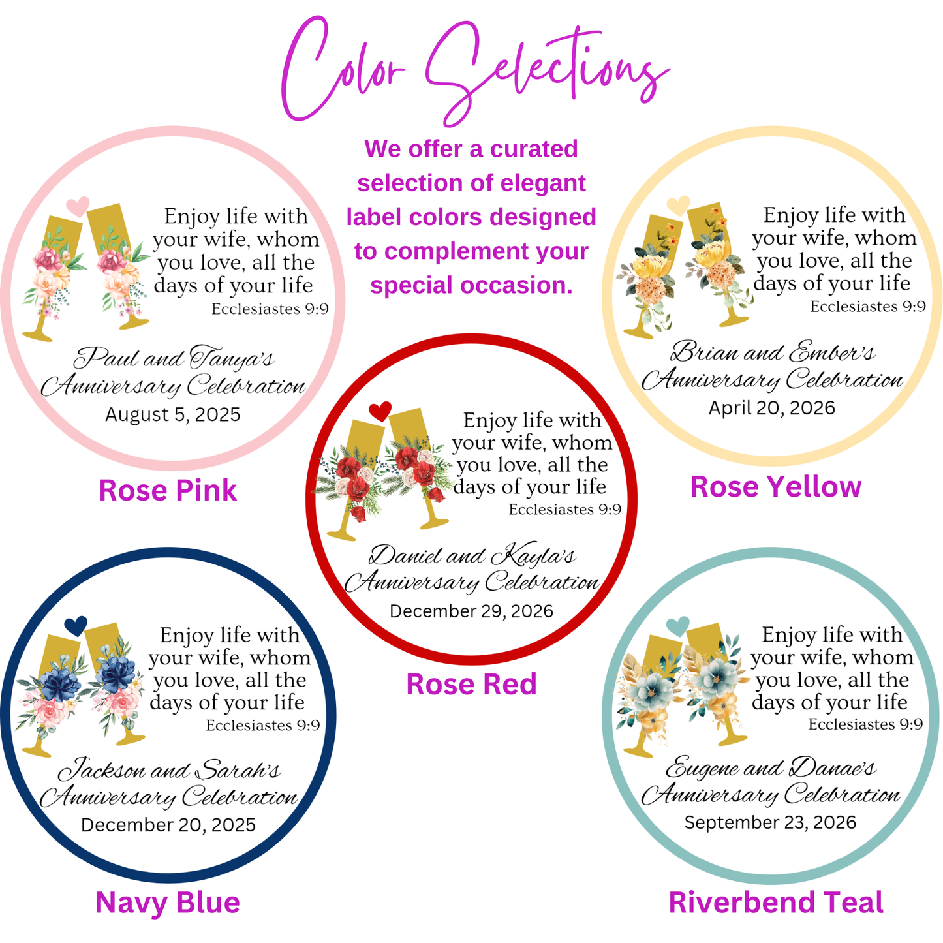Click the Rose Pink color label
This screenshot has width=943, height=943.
point(168,490)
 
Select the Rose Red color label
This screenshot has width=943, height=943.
point(471,684)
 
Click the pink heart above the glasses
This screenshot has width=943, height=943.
point(78,206)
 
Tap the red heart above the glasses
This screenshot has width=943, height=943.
point(380,411)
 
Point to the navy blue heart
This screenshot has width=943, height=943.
point(76,626)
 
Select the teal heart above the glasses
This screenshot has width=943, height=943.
point(678,626)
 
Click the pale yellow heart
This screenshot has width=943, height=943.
point(678,206)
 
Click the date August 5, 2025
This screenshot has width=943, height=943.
point(173,414)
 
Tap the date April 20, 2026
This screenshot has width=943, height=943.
point(772,408)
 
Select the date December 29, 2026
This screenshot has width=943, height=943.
point(471,611)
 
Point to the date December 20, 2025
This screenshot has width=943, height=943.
point(168,825)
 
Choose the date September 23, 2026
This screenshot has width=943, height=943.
point(770,823)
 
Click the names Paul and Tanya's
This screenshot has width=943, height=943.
point(174,358)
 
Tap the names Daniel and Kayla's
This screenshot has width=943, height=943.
point(472,555)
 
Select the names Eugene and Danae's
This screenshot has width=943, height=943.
point(771,767)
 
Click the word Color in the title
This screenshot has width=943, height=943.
point(343,69)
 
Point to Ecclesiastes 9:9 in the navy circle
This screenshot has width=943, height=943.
point(263,725)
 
